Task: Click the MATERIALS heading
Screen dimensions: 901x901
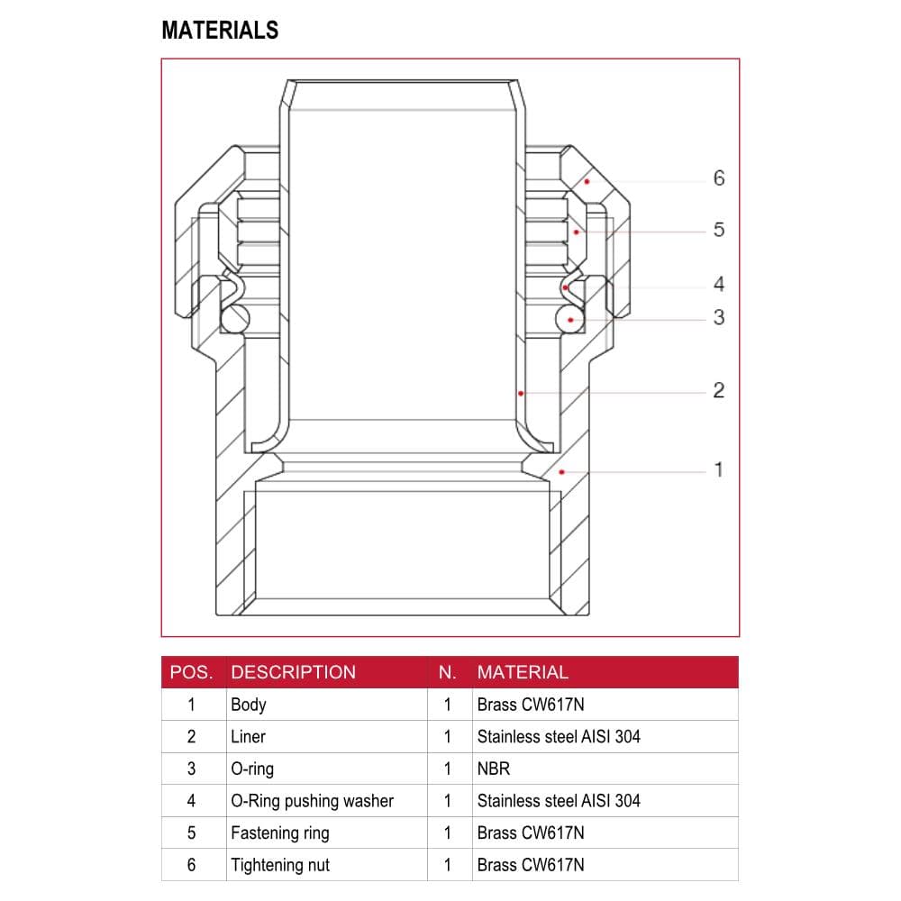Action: pos(220,30)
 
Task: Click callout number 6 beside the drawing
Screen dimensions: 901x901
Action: pos(719,178)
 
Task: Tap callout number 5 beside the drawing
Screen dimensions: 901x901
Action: pos(719,230)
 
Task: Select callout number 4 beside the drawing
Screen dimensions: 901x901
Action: pos(719,284)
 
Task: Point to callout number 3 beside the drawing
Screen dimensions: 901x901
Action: pos(719,317)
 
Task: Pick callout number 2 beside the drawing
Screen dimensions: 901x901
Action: pos(719,391)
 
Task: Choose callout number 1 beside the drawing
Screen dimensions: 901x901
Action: pos(719,470)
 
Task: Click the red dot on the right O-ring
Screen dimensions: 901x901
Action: pos(570,320)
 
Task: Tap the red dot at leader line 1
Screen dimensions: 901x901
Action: pos(562,472)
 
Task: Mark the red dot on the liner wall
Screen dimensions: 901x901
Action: pos(521,394)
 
